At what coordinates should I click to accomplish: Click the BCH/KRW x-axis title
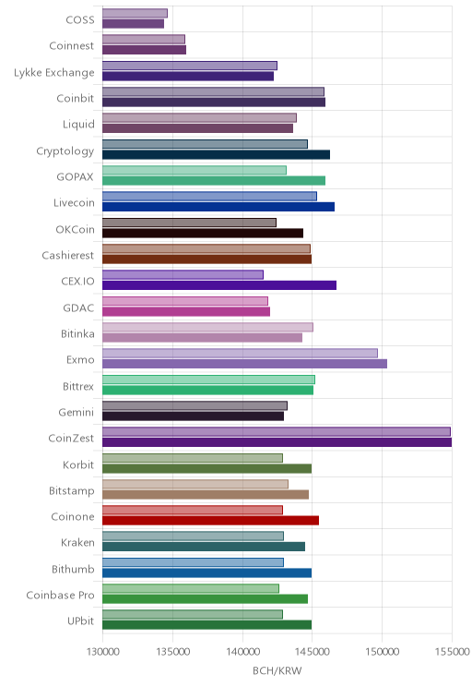(x=277, y=670)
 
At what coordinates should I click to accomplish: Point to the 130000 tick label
(x=103, y=652)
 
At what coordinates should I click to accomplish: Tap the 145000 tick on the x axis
(x=312, y=652)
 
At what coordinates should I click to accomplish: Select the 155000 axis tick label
(x=452, y=652)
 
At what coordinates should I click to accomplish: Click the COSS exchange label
(x=80, y=19)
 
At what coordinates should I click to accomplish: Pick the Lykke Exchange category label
(x=53, y=72)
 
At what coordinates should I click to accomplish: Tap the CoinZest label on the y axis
(x=71, y=438)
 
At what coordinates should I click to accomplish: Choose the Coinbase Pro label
(x=60, y=595)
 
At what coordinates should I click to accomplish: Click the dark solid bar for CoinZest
(x=277, y=442)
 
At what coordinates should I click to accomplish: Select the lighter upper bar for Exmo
(x=241, y=353)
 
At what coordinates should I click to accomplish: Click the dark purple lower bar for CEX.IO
(x=219, y=285)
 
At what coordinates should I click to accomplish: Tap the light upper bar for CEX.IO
(x=183, y=275)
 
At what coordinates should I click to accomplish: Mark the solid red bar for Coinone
(x=211, y=521)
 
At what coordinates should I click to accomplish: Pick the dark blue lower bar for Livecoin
(x=218, y=207)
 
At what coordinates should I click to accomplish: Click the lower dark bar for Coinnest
(x=145, y=50)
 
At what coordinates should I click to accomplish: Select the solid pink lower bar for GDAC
(x=186, y=311)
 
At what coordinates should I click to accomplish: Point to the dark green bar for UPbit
(x=206, y=625)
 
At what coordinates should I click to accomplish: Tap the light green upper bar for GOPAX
(x=195, y=170)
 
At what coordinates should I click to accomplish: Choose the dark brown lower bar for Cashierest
(x=206, y=259)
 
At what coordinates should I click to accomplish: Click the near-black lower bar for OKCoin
(x=203, y=233)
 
